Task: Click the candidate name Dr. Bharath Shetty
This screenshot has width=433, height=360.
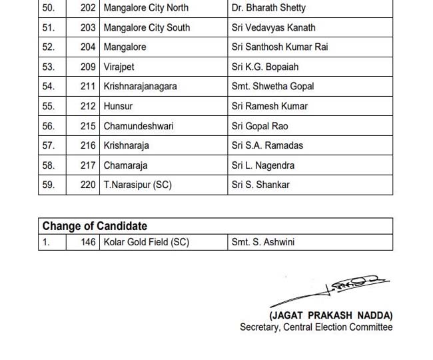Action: [268, 8]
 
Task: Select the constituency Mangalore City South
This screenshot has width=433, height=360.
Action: [147, 27]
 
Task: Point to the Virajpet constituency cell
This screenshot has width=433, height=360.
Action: [120, 67]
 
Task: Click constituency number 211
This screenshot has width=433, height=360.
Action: [88, 87]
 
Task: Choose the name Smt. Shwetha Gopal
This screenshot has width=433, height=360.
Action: [272, 87]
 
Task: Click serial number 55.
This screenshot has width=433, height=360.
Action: [49, 106]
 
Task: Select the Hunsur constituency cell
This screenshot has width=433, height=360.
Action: [119, 106]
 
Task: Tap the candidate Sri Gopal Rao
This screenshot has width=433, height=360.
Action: [260, 126]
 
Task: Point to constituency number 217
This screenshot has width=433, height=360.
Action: [88, 165]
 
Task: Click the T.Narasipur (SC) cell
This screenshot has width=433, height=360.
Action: [138, 185]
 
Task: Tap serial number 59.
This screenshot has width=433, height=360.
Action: [49, 185]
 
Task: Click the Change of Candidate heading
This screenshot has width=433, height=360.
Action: [95, 226]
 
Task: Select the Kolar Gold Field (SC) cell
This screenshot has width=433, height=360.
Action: [147, 243]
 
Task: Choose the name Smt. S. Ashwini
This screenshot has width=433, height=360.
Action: [263, 243]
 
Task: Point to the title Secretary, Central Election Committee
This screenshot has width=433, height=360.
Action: [316, 327]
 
